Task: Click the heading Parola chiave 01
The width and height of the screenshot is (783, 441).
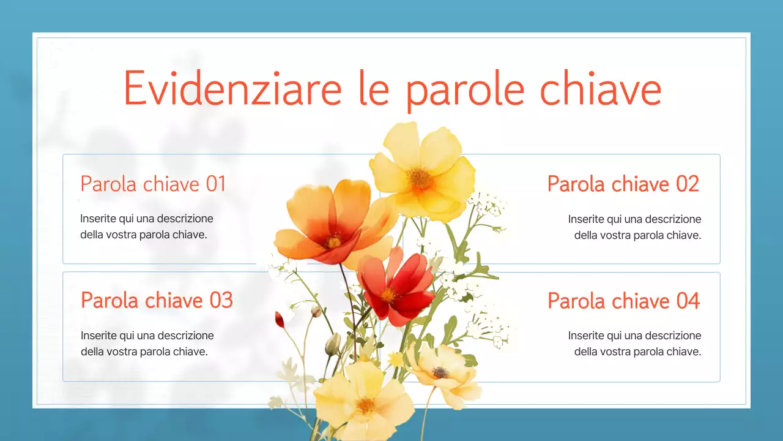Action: [153, 184]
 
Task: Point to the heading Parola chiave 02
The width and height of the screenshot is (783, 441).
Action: [623, 184]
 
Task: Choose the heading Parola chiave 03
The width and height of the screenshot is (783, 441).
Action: [157, 300]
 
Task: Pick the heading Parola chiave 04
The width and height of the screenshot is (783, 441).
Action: [623, 301]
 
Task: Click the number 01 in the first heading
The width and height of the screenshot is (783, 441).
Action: [216, 184]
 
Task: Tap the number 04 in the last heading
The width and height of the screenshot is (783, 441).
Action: [688, 301]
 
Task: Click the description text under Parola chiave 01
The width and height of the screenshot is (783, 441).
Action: [147, 227]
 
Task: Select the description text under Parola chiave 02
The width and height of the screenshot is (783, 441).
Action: [634, 227]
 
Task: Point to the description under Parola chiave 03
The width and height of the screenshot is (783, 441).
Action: [147, 344]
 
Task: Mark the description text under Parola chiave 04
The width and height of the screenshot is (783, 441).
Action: [634, 344]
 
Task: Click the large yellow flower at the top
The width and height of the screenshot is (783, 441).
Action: [422, 171]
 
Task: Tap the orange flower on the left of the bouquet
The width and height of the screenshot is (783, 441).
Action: [333, 224]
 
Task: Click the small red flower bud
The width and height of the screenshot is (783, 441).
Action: [280, 319]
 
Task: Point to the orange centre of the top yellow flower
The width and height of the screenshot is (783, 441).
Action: [420, 178]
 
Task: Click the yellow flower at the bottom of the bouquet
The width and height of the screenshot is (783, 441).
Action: [364, 401]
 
